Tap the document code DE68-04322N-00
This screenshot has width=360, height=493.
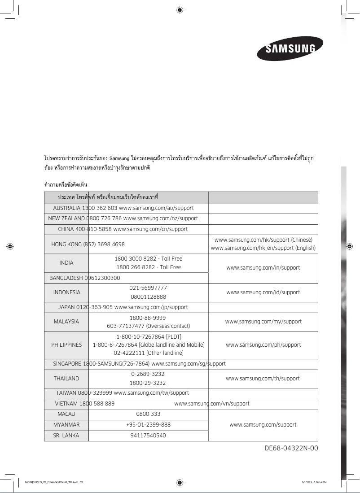[x=291, y=448]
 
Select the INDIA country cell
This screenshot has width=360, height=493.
[x=66, y=263]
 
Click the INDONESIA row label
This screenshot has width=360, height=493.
[x=67, y=292]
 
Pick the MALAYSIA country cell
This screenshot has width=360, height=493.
[x=66, y=322]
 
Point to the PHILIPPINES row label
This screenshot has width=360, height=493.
[x=67, y=345]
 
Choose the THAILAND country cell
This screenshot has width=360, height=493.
[x=66, y=379]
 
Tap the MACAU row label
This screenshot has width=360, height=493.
[x=66, y=414]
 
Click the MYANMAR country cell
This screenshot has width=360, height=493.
[x=66, y=424]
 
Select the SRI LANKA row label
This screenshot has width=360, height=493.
[x=66, y=436]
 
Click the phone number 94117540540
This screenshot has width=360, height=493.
[x=148, y=436]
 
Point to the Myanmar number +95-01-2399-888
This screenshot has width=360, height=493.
[x=148, y=424]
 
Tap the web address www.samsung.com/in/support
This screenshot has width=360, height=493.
[x=263, y=268]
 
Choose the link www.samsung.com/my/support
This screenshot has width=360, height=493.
[x=263, y=322]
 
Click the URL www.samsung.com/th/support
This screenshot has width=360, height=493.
[x=263, y=379]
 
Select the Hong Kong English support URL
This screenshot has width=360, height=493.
[x=263, y=249]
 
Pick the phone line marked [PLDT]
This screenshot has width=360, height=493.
[x=149, y=336]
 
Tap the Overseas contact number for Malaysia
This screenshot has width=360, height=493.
[x=148, y=326]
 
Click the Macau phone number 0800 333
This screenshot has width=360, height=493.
[x=148, y=414]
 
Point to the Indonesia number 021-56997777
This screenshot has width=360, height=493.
[x=148, y=288]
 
